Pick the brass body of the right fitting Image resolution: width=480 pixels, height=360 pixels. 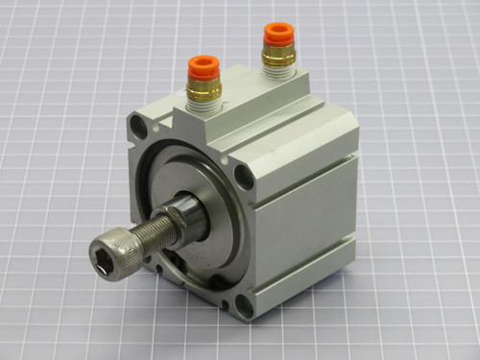[278, 56]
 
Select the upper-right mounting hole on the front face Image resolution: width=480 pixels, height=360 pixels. [244, 176]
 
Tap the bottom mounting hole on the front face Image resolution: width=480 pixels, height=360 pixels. [244, 306]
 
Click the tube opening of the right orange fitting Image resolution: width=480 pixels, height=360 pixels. [278, 32]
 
